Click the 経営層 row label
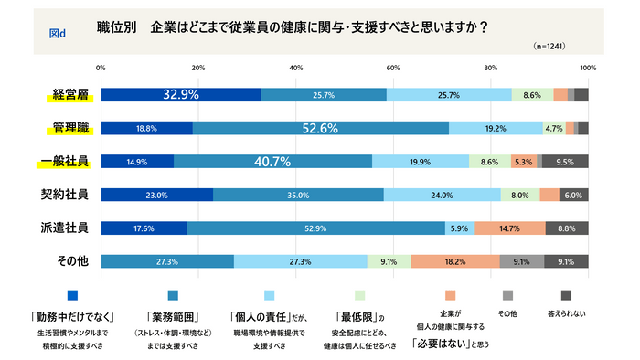[69, 94]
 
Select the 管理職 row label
[69, 128]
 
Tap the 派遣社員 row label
[69, 228]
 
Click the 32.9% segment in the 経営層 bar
[181, 94]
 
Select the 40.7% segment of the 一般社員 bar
[272, 162]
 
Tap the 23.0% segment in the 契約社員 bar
[156, 195]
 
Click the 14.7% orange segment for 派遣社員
[509, 228]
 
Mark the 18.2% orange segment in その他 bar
[454, 261]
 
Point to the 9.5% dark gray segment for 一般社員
[565, 162]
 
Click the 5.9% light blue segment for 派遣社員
[459, 228]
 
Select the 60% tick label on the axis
[393, 68]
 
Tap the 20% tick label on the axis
[198, 68]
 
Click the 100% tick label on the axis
[588, 68]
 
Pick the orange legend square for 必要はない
[448, 295]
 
